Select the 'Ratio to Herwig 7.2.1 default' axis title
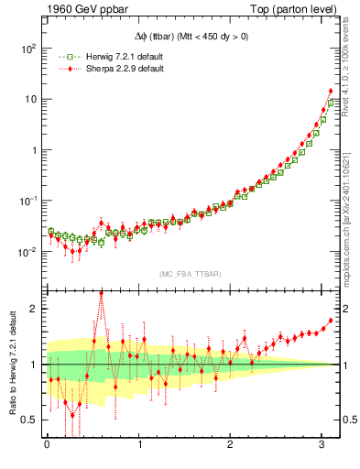pyautogui.click(x=12, y=363)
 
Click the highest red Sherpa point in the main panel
pyautogui.click(x=330, y=91)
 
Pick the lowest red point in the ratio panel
pyautogui.click(x=72, y=416)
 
